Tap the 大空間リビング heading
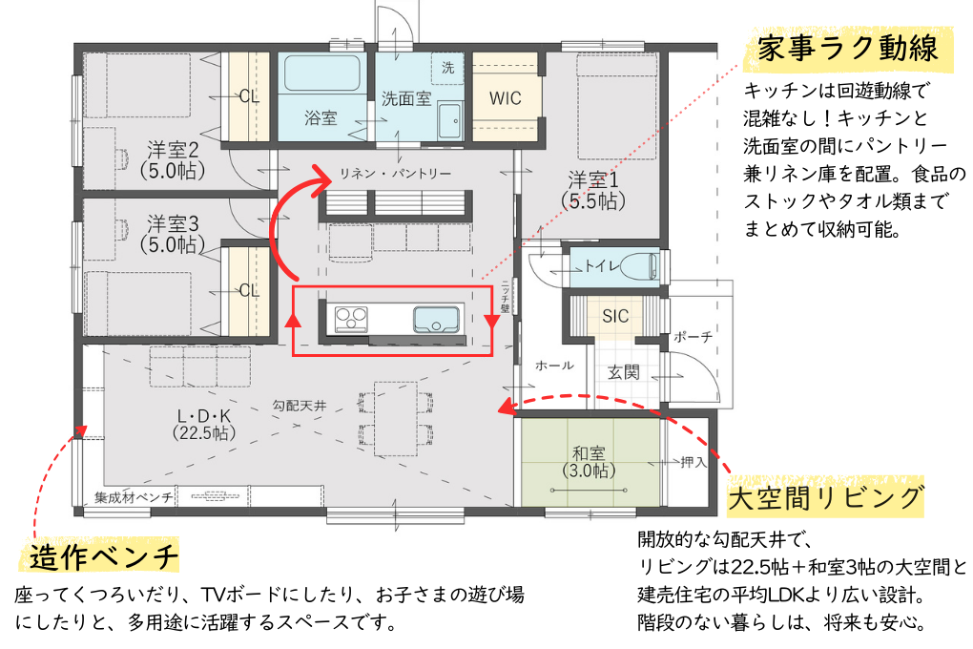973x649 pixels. [x=826, y=497]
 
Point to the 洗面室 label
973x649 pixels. [x=406, y=98]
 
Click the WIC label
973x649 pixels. [x=505, y=98]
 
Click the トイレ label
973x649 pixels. [x=604, y=265]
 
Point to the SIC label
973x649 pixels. [x=615, y=315]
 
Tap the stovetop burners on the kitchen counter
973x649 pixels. [x=350, y=319]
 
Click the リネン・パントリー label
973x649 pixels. [x=395, y=174]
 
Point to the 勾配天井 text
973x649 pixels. [x=299, y=406]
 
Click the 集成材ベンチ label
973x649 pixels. [x=134, y=496]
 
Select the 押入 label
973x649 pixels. [x=694, y=462]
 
